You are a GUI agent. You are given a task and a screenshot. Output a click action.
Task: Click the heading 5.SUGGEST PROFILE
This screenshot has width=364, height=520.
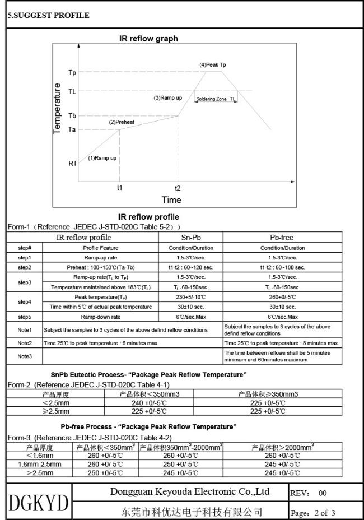[48, 15]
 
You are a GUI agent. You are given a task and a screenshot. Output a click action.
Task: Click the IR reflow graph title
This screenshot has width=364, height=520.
[148, 39]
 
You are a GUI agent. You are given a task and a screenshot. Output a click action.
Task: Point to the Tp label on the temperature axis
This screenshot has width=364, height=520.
[72, 73]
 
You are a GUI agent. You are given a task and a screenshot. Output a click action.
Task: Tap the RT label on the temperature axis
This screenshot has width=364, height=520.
[73, 164]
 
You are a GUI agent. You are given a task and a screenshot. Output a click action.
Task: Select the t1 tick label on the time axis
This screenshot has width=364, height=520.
[119, 188]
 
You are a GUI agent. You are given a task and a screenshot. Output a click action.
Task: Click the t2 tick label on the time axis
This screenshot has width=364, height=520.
[178, 188]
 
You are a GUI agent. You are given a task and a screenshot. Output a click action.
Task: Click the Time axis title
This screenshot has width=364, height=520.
[171, 200]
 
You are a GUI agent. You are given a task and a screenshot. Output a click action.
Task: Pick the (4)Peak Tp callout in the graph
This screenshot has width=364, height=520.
[213, 65]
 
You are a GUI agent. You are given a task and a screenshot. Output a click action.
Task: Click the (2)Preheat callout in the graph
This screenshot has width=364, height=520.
[122, 122]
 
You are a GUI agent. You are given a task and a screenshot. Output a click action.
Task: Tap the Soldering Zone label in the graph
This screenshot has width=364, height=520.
[211, 99]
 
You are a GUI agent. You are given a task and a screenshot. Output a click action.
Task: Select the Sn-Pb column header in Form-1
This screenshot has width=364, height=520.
[191, 238]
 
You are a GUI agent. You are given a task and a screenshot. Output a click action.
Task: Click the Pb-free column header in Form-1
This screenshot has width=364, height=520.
[281, 238]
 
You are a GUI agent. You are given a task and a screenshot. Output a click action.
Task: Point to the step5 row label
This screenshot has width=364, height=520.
[25, 317]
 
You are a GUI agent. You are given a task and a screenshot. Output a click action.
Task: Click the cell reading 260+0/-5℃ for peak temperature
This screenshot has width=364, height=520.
[281, 296]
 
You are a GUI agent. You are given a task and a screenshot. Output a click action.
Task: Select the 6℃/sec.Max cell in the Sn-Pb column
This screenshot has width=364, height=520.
[191, 317]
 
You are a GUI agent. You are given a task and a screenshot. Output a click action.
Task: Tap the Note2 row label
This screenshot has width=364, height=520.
[25, 342]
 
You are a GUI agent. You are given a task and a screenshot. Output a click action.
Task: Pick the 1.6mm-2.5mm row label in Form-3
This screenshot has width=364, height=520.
[40, 464]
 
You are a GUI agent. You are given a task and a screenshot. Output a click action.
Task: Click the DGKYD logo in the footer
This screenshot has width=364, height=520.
[39, 501]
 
